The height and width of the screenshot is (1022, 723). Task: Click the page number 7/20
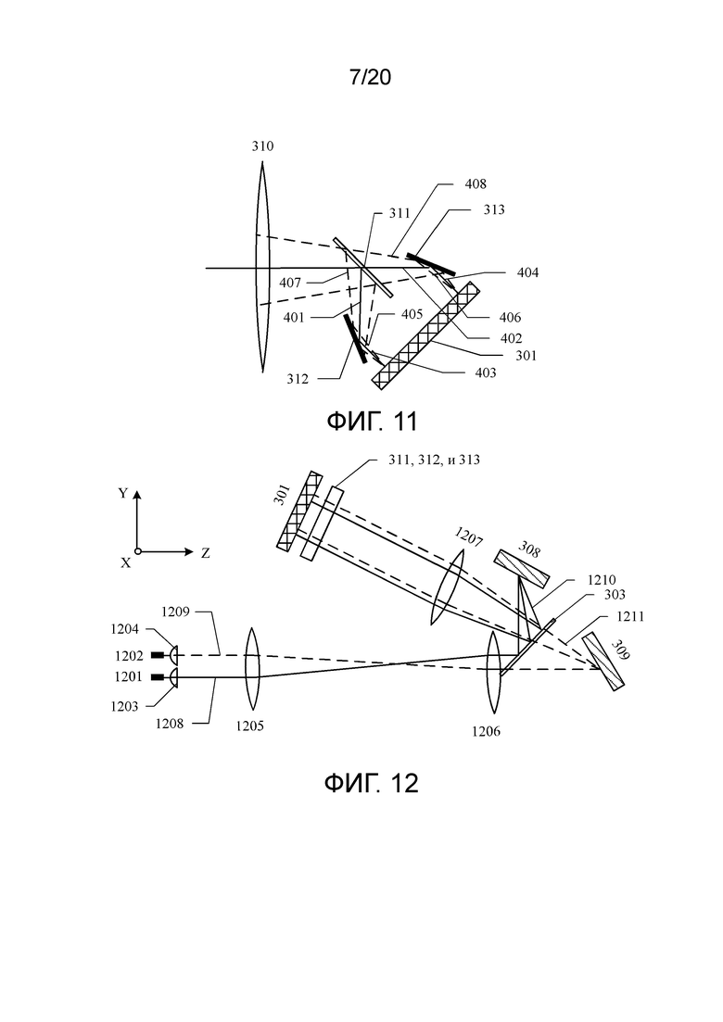pos(370,78)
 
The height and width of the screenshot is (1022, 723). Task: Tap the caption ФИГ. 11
pos(372,422)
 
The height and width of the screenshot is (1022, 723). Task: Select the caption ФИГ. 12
pos(371,782)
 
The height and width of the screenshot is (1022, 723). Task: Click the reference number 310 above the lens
pos(262,146)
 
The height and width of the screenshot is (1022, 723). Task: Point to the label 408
pos(476,183)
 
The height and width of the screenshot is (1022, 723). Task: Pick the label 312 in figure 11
pos(298,379)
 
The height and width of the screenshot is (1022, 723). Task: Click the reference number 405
pos(412,314)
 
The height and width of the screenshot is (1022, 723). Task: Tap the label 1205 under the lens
pos(249,725)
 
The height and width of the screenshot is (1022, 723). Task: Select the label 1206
pos(486,731)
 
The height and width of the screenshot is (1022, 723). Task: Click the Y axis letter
pos(122,494)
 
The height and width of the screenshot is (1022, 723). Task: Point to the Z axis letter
pos(206,553)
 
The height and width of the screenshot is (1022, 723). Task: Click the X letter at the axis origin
pos(126,562)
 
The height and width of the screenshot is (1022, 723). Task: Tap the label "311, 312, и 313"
pos(434,460)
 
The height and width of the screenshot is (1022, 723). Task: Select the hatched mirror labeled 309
pos(603,662)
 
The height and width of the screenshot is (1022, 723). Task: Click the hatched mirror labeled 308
pos(522,568)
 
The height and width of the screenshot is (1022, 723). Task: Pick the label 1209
pos(176,612)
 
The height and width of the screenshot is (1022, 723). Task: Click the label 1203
pos(124,707)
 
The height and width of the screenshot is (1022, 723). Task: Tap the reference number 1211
pos(629,616)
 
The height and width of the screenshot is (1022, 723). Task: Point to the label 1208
pos(169,723)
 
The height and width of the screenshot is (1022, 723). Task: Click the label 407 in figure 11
pos(290,283)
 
